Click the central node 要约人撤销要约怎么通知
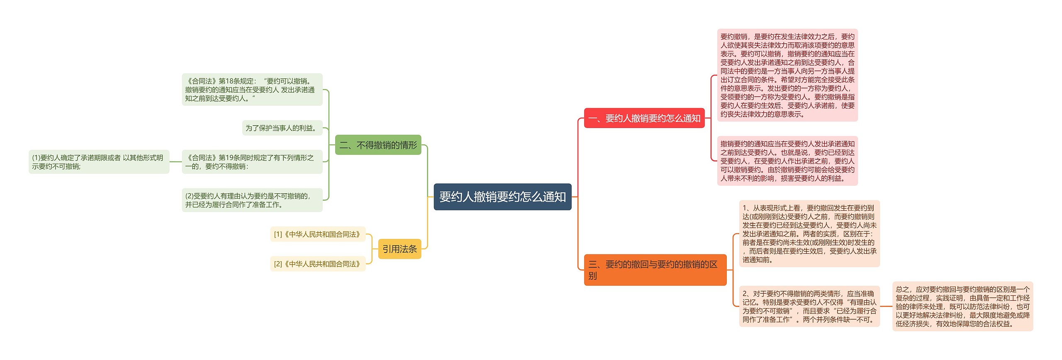pos(502,197)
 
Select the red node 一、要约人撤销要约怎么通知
pos(644,118)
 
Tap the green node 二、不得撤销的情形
pos(378,145)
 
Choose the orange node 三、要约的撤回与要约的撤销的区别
pos(655,270)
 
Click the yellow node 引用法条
pos(399,249)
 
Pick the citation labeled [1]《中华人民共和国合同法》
pos(317,234)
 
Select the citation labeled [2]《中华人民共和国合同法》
pos(317,264)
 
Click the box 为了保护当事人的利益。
pos(282,128)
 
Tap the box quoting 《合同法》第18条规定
pos(252,90)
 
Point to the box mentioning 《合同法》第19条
pos(252,162)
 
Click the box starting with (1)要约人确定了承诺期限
pos(99,162)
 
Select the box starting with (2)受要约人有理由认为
pos(252,200)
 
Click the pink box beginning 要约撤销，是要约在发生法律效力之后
pos(787,75)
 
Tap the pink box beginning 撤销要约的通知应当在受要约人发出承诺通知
pos(787,161)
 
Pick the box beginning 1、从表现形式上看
pos(809,234)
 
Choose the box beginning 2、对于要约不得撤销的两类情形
pos(809,306)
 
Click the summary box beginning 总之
pos(962,306)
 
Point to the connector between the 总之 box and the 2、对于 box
pos(886,306)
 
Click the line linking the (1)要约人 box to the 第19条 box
pos(175,162)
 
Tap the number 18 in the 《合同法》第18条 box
pos(230,81)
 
